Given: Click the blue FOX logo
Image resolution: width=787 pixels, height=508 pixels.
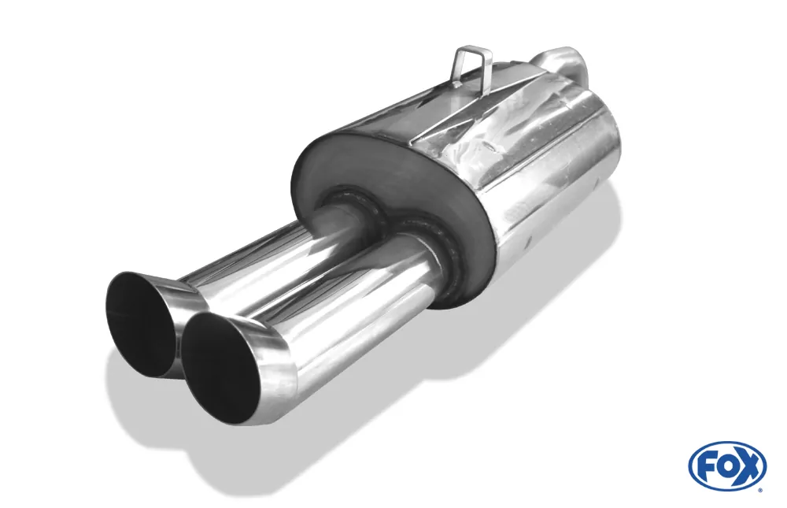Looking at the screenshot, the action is click(727, 465).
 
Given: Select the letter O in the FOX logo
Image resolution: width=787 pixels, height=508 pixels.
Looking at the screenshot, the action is click(726, 466).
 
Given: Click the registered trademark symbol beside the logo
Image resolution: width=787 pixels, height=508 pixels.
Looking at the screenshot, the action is click(763, 488).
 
